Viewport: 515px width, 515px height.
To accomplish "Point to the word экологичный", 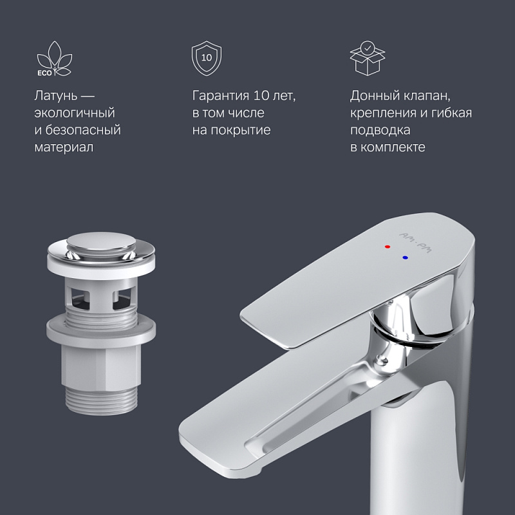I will pos(74,113).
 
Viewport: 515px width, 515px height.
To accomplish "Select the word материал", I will pos(64,147).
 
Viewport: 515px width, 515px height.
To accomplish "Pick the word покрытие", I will pos(241,131).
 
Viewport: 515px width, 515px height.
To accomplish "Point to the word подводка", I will pos(380,131).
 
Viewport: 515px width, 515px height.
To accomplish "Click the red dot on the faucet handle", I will pos(386,247).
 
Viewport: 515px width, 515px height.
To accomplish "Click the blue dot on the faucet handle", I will pos(405,257).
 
